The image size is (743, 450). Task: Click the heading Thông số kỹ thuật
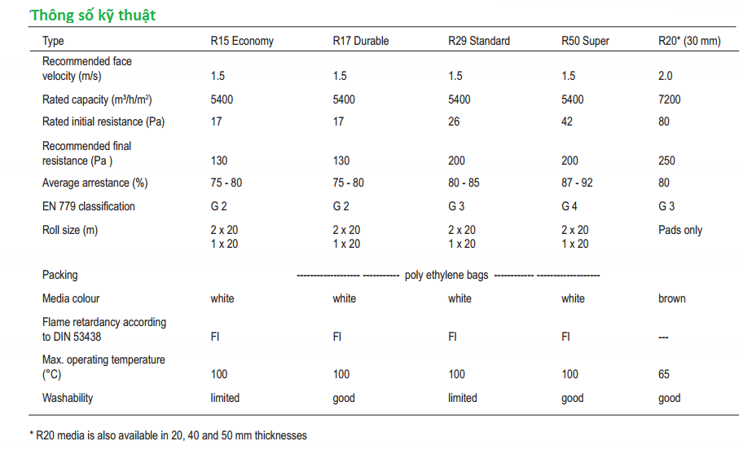coord(93,15)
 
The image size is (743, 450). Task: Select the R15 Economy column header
coord(242,41)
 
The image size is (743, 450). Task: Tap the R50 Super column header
coord(585,41)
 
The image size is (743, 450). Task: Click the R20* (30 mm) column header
coord(689,41)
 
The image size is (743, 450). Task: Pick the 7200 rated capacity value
coord(670,99)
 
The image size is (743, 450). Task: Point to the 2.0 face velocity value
coord(665,76)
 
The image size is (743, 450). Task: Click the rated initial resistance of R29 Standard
coord(454,121)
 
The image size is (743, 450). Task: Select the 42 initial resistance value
coord(567,121)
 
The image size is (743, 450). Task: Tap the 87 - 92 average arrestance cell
coord(578,183)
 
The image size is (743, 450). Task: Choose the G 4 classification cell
coord(569,206)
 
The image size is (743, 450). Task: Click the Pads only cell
coord(680,230)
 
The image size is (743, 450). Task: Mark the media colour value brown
coord(672,298)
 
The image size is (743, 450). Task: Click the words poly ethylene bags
coord(446,275)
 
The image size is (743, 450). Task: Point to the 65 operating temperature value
coord(664,374)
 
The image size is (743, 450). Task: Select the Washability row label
coord(68,398)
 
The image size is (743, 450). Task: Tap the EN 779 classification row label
coord(89,206)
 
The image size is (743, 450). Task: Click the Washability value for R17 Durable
coord(344,398)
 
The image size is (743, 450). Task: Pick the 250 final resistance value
coord(667,161)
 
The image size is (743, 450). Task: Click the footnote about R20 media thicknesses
coord(168,435)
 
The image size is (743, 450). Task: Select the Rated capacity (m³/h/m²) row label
coord(98,99)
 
